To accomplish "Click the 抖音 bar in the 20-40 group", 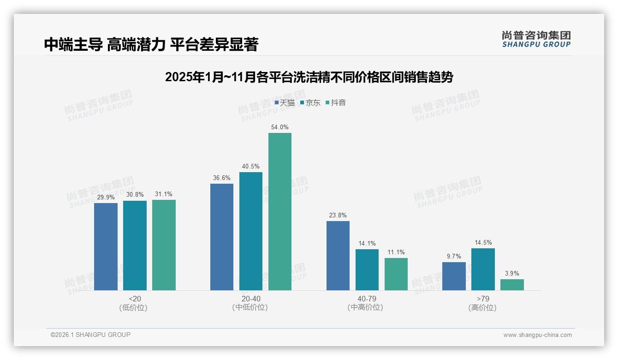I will pos(280,211).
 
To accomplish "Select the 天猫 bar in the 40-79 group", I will pos(338,256).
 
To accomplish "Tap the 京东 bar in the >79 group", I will pos(483,269).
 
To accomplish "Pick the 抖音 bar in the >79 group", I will pos(512,285).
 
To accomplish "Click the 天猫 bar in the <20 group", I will pos(106,246).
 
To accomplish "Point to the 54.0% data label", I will pos(280,127).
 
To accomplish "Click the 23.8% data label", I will pos(338,215).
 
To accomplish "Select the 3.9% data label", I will pos(512,273).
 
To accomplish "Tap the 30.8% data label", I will pos(135,195).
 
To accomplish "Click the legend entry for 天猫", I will pos(285,103).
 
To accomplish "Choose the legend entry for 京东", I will pos(310,103).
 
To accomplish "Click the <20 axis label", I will pos(135,299).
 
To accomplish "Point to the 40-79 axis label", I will pos(367,299).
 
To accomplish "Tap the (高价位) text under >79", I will pos(482,308).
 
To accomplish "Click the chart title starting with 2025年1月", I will pos(309,77).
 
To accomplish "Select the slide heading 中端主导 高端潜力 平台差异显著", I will pos(151,44).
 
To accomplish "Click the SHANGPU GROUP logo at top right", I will pos(536,39).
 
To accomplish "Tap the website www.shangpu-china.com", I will pos(537,335).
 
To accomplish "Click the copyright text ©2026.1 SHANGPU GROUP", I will pos(90,335).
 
